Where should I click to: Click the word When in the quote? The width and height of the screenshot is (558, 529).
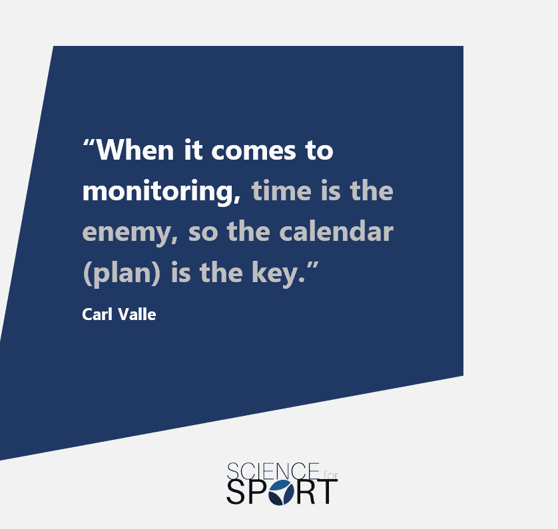click(135, 150)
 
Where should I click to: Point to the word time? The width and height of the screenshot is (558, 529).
click(282, 190)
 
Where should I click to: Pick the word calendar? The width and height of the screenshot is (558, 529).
click(336, 231)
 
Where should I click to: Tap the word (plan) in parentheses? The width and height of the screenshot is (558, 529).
click(121, 273)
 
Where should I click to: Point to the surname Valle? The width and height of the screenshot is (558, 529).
click(137, 314)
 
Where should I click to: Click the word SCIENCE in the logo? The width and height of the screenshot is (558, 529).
click(272, 471)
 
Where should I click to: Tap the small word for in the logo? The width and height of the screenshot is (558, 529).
click(330, 474)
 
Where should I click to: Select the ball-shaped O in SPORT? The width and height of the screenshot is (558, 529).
click(281, 492)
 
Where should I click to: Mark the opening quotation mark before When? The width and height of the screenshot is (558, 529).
click(89, 143)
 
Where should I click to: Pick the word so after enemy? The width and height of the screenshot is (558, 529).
click(203, 232)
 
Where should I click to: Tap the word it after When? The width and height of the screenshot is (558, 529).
click(193, 150)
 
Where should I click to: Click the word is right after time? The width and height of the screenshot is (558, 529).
click(330, 191)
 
